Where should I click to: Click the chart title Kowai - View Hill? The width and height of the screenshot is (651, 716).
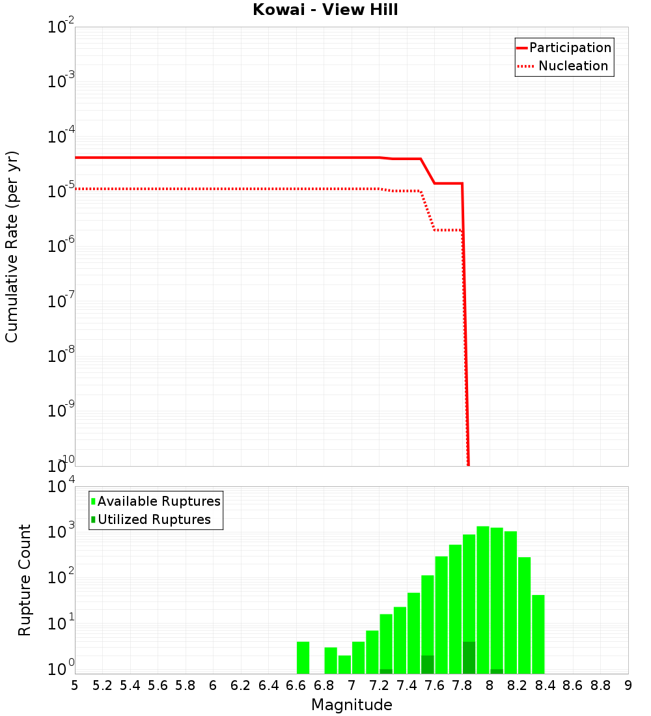pyautogui.click(x=325, y=10)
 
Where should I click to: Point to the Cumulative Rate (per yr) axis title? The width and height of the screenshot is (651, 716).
pyautogui.click(x=12, y=246)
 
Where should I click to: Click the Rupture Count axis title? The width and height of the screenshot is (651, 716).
pyautogui.click(x=25, y=579)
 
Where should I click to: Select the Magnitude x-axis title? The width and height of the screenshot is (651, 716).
pyautogui.click(x=352, y=705)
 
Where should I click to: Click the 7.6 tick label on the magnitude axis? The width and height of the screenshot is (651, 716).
pyautogui.click(x=435, y=685)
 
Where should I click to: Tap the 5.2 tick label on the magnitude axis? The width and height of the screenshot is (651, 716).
pyautogui.click(x=103, y=685)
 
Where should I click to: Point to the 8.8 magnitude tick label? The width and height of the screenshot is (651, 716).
pyautogui.click(x=600, y=685)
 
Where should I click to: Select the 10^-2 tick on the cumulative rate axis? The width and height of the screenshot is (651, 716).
pyautogui.click(x=61, y=27)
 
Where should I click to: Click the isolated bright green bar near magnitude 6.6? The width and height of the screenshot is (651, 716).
pyautogui.click(x=303, y=657)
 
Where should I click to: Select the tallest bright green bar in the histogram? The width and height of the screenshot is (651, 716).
pyautogui.click(x=483, y=599)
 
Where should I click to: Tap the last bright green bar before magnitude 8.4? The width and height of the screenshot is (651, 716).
pyautogui.click(x=538, y=634)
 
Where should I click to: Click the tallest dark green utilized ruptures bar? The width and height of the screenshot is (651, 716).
pyautogui.click(x=469, y=657)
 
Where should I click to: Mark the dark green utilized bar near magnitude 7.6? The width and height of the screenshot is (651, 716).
pyautogui.click(x=427, y=665)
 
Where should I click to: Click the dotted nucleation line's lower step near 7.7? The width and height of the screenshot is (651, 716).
pyautogui.click(x=448, y=230)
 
